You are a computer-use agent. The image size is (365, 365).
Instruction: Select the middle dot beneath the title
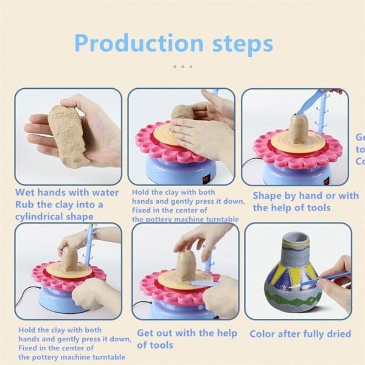[x=182, y=67]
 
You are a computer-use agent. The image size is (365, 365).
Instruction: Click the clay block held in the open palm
[x=68, y=134]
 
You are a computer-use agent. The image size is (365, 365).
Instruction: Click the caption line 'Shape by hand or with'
[x=305, y=196]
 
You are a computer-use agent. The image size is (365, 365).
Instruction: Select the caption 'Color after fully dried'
[x=301, y=334]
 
